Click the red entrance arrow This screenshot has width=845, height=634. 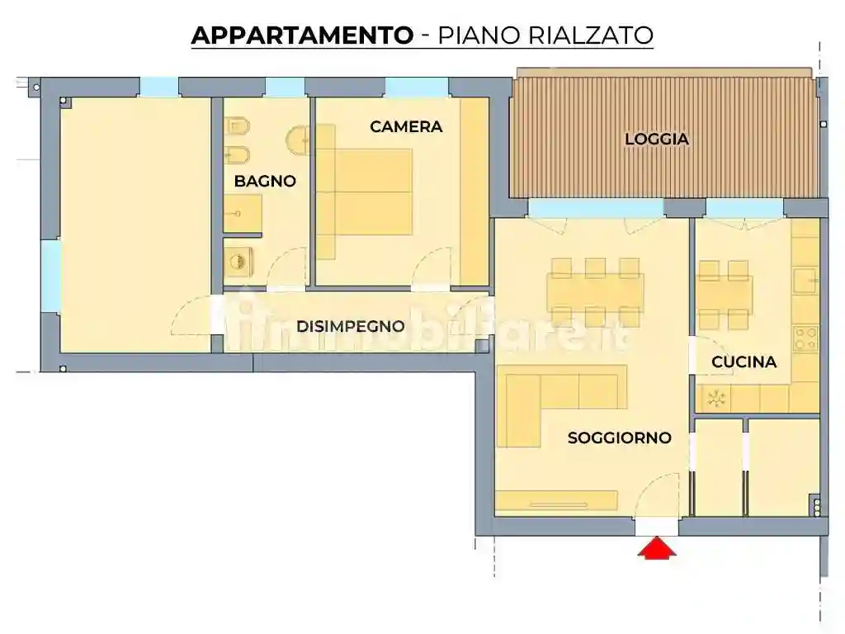click(657, 549)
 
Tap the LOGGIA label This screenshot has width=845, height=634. click(656, 140)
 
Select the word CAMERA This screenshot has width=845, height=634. click(406, 127)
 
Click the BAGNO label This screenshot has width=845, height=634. click(265, 182)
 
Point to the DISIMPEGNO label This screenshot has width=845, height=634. click(351, 326)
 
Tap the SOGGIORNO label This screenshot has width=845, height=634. click(619, 438)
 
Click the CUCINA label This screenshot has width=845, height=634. click(744, 362)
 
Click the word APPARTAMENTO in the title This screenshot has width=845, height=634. click(302, 35)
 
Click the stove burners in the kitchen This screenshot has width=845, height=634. click(805, 336)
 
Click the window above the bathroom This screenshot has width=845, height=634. click(286, 87)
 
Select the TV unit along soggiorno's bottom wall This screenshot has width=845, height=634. click(557, 500)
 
